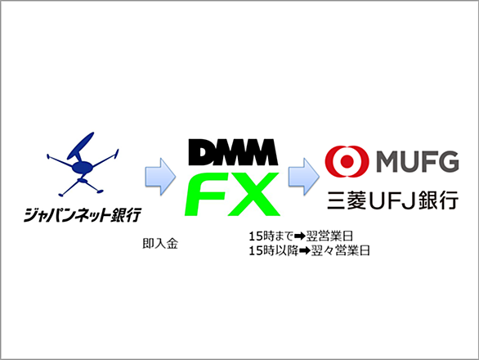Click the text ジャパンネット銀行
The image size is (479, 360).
pos(83,214)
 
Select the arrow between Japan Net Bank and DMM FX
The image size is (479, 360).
pos(160,177)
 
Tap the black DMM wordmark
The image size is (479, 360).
pos(233,152)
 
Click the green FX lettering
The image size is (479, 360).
pos(232,194)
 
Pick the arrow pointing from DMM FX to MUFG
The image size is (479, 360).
pos(304,177)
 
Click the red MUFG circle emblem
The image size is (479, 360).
pos(347,161)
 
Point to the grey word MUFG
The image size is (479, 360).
pos(418,162)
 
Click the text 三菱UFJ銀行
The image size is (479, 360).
pos(393,200)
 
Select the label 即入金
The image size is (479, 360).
pos(160,244)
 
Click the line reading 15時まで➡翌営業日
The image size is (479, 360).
pos(301,236)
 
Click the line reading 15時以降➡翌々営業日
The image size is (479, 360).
pos(309,251)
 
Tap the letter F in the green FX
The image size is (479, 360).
pos(206,194)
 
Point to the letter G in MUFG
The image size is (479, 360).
pos(449,162)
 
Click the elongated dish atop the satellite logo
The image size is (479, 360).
pos(80,146)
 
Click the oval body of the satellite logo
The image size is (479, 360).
pos(82,167)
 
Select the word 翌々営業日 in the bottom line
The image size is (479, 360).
pos(340,251)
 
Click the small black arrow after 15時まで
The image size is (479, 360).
pos(300,236)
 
